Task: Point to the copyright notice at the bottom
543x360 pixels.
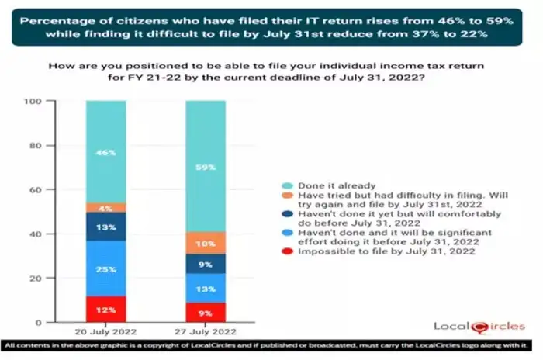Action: (271, 345)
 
